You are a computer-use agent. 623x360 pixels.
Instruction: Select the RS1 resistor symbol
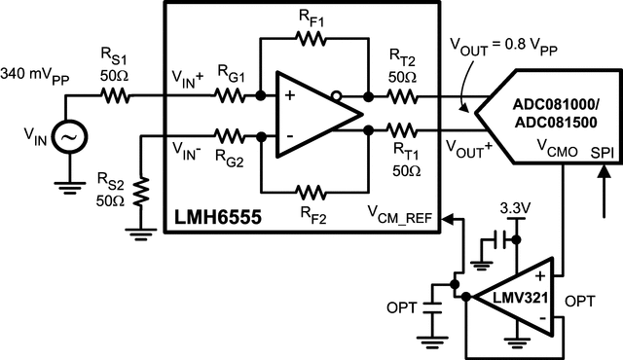[117, 96]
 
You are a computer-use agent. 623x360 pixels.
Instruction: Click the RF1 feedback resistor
[310, 39]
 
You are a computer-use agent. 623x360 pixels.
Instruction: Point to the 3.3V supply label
[514, 208]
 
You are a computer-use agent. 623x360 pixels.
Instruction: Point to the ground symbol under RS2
[143, 231]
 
